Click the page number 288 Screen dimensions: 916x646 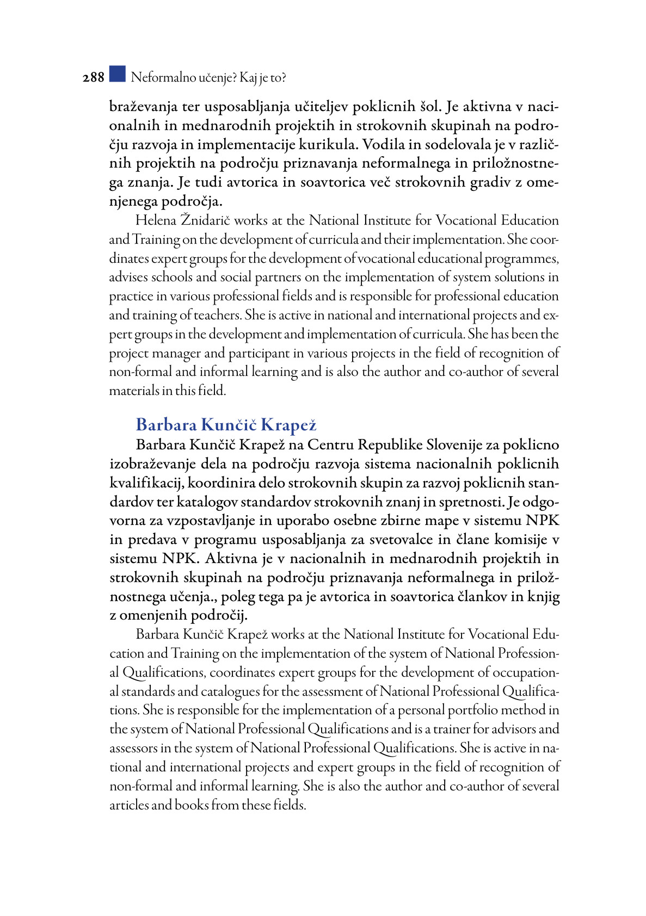click(93, 78)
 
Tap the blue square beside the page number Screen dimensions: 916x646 click(117, 74)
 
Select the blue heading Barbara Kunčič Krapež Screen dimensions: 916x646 click(226, 425)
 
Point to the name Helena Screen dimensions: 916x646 click(156, 221)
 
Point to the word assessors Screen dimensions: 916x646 click(134, 748)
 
